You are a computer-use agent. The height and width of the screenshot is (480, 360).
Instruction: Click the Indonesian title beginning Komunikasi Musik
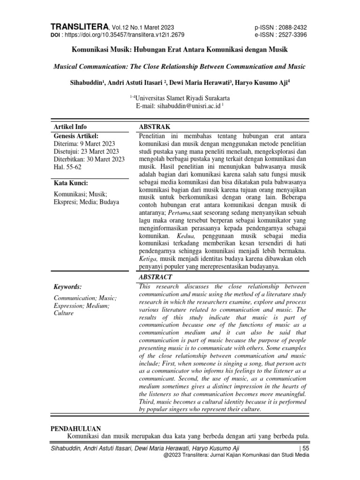(x=180, y=49)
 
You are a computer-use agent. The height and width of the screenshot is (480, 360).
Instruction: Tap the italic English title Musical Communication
(x=180, y=67)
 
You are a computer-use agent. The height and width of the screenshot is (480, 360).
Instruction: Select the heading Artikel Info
(x=70, y=127)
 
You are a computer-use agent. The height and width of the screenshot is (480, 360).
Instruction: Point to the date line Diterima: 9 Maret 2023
(x=84, y=143)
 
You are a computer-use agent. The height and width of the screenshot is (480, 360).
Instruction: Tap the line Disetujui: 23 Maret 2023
(x=86, y=151)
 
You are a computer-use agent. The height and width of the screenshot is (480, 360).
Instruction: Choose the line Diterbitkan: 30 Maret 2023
(x=89, y=159)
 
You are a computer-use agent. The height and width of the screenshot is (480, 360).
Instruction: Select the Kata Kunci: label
(x=71, y=183)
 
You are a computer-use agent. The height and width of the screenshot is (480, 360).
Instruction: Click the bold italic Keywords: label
(x=68, y=286)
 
